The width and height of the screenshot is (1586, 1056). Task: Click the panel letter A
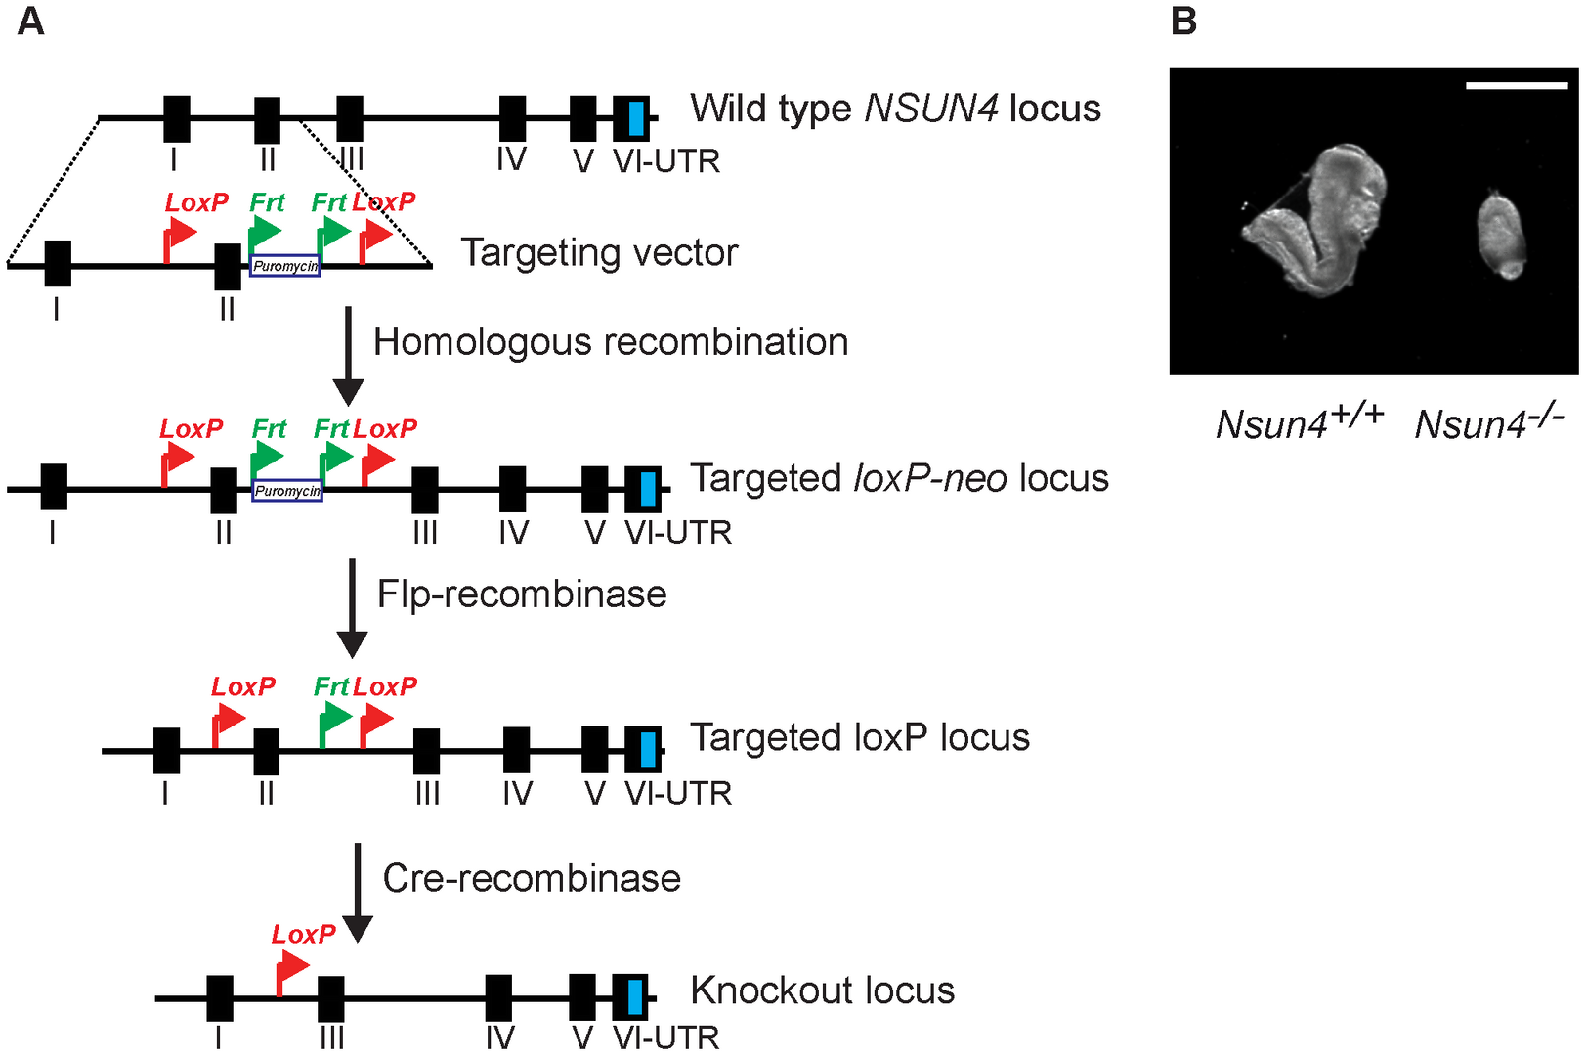point(31,21)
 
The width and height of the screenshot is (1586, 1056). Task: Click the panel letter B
point(1183,21)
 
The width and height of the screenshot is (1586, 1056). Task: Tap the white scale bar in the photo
point(1516,86)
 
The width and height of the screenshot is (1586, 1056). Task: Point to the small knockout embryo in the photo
point(1500,235)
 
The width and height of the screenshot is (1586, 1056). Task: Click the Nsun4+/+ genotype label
point(1299,421)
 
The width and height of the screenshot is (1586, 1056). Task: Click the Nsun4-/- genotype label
point(1488,421)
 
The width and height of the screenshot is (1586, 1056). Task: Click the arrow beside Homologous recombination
point(348,356)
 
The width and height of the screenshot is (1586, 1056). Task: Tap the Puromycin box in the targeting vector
point(285,266)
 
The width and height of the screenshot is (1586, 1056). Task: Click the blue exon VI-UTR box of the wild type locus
point(636,118)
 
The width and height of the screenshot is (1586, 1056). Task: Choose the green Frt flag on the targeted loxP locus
point(334,723)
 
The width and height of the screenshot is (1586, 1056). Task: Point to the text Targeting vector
point(599,253)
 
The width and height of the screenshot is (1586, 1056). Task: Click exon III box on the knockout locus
point(331,998)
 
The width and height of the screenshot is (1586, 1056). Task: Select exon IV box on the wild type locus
point(512,118)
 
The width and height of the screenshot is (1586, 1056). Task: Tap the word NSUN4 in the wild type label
point(930,109)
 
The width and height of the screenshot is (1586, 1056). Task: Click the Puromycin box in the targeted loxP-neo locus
point(287,491)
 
